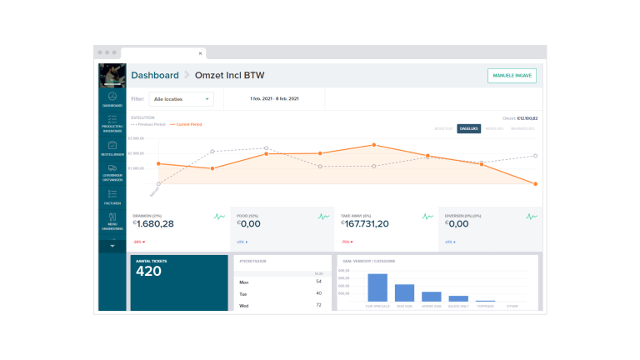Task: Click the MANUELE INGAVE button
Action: coord(512,75)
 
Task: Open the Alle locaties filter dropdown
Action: coord(181,99)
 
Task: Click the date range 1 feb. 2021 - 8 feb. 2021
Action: coord(274,99)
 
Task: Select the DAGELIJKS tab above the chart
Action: coord(468,128)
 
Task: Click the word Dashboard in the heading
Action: coord(154,75)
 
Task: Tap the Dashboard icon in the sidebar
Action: coord(112,98)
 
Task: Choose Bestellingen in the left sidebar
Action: coord(112,148)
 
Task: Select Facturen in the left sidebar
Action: coord(112,197)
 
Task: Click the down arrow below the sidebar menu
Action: coord(112,247)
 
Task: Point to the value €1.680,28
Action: coord(153,223)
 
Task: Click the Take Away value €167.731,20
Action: coord(364,223)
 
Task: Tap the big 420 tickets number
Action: coord(148,271)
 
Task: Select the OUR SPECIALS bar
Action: coord(377,287)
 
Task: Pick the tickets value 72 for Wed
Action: coord(318,305)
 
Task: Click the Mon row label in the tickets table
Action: coord(243,282)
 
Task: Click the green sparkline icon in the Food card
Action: coord(323,217)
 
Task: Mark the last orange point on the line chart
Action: coord(535,183)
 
